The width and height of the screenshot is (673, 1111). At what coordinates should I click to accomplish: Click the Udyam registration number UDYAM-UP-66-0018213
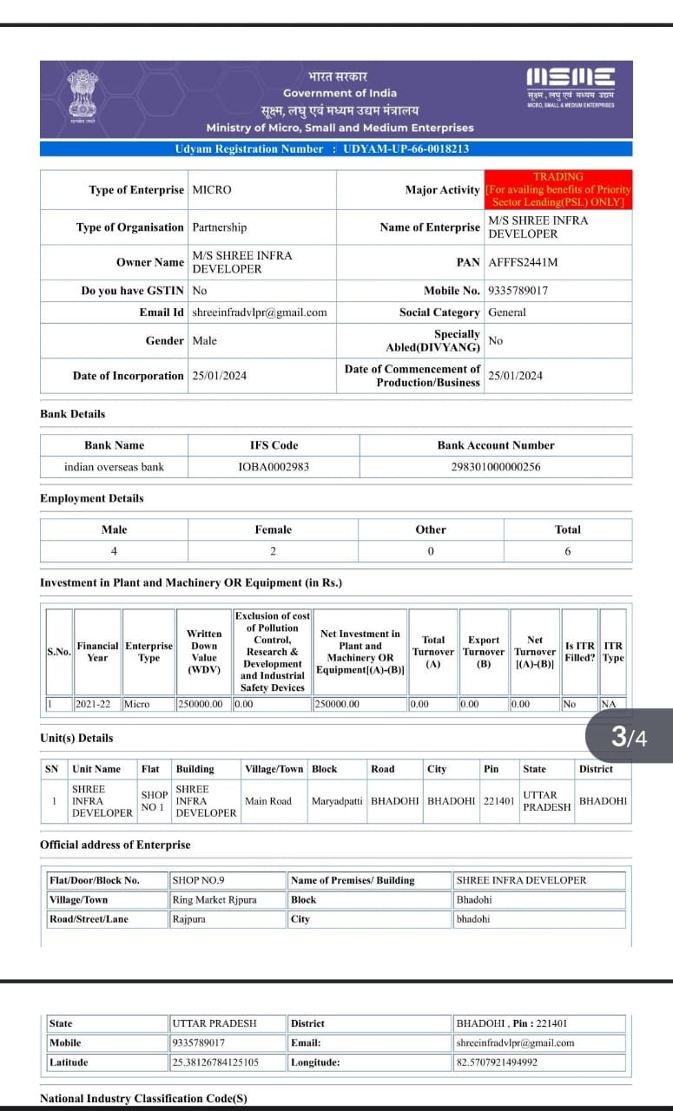pos(406,148)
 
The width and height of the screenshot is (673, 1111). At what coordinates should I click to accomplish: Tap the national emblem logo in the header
pos(83,96)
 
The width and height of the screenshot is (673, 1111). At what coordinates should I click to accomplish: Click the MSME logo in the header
pos(571,87)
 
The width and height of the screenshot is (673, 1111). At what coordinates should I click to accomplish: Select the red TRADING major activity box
pos(558,189)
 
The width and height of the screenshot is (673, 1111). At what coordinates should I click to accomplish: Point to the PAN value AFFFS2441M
pos(523,262)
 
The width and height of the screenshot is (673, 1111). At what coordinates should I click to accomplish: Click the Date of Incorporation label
pos(128,376)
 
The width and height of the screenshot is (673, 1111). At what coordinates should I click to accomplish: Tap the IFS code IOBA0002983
pos(274,467)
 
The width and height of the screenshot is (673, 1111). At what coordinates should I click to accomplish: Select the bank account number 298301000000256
pos(495,467)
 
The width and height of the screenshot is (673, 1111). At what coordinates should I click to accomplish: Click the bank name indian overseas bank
pos(114,467)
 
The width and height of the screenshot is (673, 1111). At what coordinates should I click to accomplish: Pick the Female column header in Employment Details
pos(273,529)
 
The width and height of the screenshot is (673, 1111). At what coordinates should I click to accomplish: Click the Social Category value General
pos(507,312)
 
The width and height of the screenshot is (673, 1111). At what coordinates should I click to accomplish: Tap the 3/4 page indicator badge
pos(629,737)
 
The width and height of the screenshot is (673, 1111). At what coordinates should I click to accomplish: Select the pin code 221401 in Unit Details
pos(498,801)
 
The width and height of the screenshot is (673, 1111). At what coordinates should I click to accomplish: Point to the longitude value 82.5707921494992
pos(497,1062)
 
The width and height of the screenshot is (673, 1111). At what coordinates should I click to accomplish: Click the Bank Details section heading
pos(72,414)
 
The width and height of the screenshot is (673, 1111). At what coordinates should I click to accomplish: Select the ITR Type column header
pos(613,652)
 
